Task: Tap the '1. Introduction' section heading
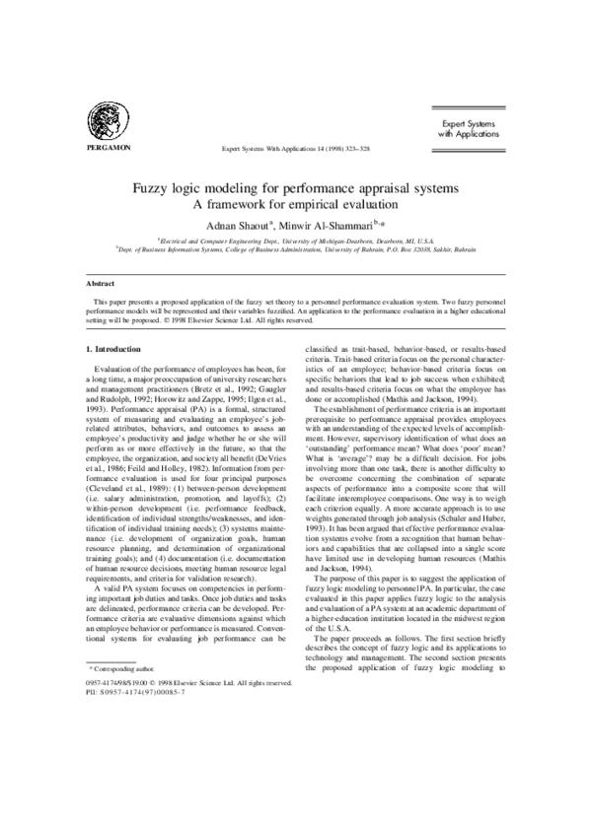(113, 351)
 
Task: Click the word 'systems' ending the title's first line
(431, 186)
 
